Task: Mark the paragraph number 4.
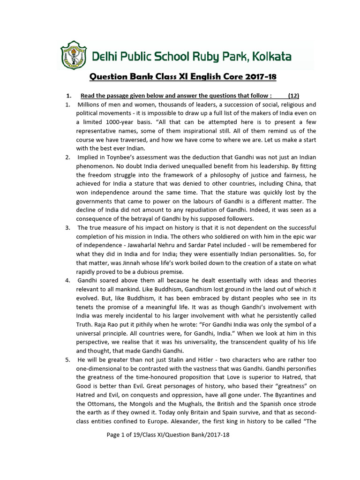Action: (68, 280)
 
